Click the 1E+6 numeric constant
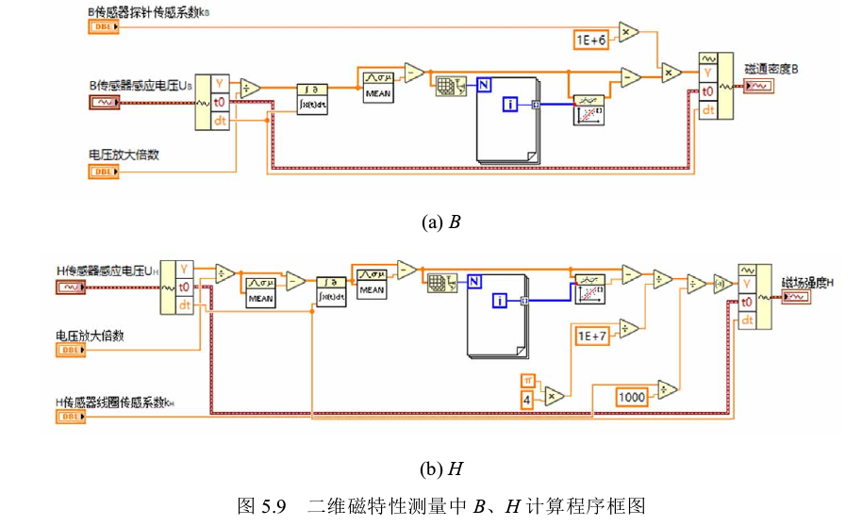coord(591,40)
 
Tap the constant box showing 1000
coord(632,397)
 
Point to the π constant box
coord(527,379)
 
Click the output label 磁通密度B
coord(771,70)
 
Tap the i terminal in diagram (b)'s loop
coord(501,301)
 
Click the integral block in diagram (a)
coord(312,97)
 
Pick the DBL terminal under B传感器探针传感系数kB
coord(104,27)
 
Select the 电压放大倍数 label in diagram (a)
coord(124,155)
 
